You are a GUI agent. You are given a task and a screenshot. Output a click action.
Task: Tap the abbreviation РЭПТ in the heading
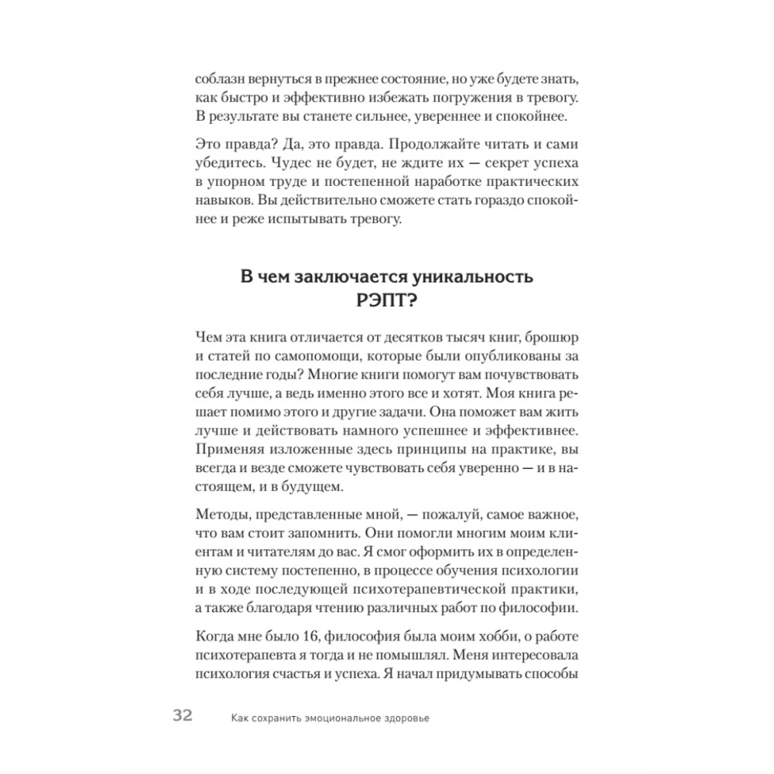[x=387, y=301]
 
